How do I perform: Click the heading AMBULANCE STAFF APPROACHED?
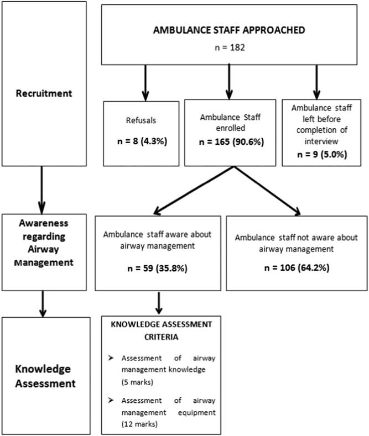click(228, 30)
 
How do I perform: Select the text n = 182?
click(228, 48)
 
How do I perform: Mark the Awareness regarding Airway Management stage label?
click(44, 244)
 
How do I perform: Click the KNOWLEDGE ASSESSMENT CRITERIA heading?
click(159, 328)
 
